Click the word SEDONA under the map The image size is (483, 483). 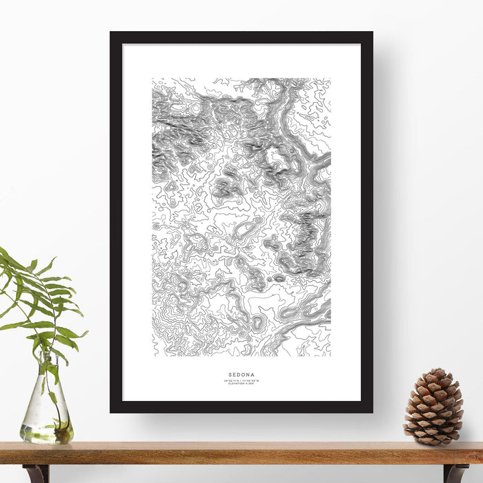(241, 376)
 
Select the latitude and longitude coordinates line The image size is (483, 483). (241, 381)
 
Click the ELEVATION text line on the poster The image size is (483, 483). (241, 384)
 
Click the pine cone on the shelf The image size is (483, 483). (433, 407)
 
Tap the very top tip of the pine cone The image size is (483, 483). (435, 370)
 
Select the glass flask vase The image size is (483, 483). (46, 407)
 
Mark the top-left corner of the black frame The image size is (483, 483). (111, 32)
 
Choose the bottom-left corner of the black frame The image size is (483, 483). (111, 412)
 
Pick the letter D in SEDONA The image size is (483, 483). (238, 376)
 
